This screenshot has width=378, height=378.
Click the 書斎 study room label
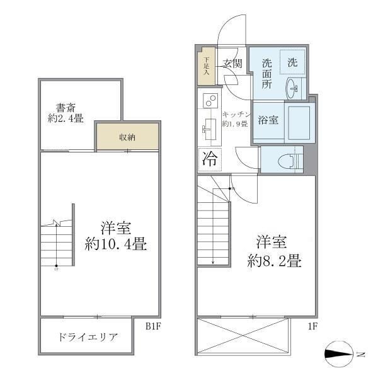66,106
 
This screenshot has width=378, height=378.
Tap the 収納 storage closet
127,137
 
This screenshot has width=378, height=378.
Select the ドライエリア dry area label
88,337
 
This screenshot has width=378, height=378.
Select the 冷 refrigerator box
209,159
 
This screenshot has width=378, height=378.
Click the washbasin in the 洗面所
294,88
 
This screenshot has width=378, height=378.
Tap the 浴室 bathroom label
269,120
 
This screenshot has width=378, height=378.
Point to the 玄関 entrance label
232,63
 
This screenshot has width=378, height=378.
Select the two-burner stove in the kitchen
210,100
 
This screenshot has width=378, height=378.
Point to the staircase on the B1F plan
57,245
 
